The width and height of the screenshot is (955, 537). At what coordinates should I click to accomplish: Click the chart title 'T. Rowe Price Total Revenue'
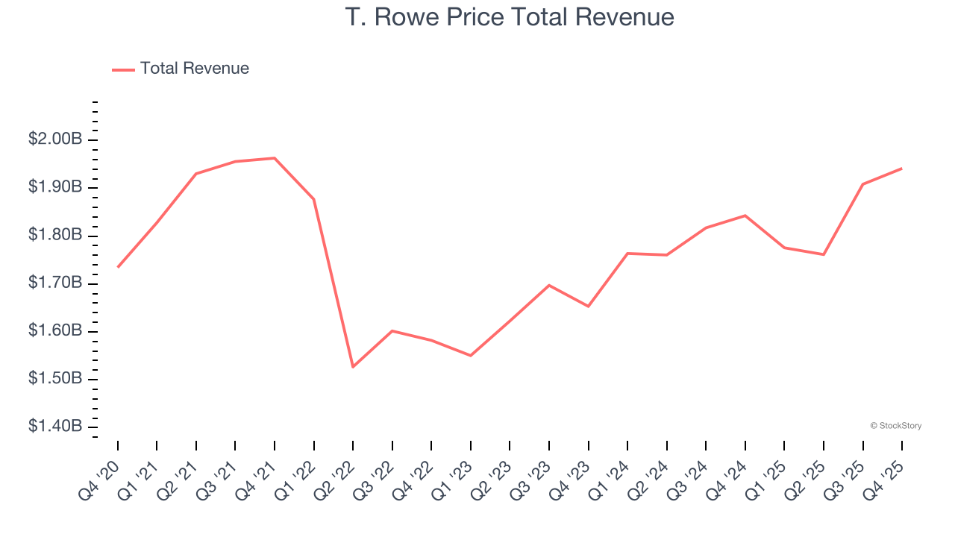coord(510,16)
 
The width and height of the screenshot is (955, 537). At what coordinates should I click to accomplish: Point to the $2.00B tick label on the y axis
coord(55,139)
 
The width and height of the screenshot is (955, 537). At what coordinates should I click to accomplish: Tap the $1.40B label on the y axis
coord(55,427)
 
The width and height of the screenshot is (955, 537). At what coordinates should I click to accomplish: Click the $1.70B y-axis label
coord(55,283)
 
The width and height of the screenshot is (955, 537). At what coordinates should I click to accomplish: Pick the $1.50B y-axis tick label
coord(55,379)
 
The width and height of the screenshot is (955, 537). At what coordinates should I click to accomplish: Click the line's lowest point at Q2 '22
coord(353,367)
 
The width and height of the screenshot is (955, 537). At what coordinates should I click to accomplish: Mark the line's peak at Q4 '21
coord(275,158)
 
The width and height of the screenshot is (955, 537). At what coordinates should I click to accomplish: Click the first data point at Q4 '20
coord(118,267)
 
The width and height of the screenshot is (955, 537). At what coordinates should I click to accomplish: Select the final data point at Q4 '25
coord(902,169)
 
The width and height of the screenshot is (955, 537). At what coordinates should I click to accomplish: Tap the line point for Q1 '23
coord(471,356)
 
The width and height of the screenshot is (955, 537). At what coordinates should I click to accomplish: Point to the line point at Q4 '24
coord(745,216)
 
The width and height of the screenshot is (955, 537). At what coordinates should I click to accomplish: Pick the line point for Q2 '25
coord(824,255)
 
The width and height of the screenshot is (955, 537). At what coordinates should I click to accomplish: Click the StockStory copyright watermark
coord(895,426)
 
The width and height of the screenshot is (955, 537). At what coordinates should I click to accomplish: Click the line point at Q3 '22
coord(392,330)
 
